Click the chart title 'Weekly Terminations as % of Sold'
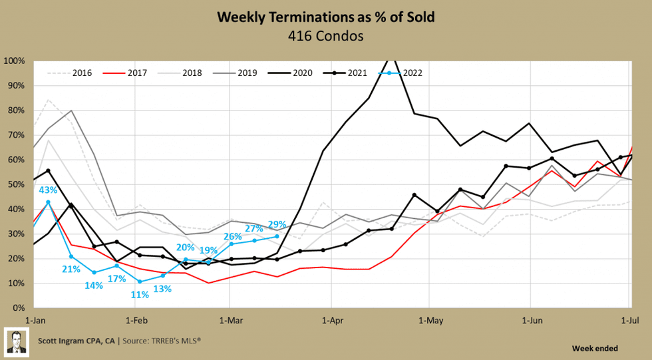(x=326, y=17)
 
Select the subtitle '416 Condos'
(x=326, y=35)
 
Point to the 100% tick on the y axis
(x=14, y=61)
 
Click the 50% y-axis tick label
(x=16, y=184)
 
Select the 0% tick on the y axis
(x=19, y=308)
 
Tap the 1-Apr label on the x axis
(x=331, y=319)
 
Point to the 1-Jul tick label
(x=630, y=319)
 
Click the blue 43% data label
(x=47, y=190)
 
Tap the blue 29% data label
(x=277, y=224)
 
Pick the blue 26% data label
(x=232, y=236)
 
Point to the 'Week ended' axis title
(x=594, y=348)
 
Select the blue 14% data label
(x=94, y=285)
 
